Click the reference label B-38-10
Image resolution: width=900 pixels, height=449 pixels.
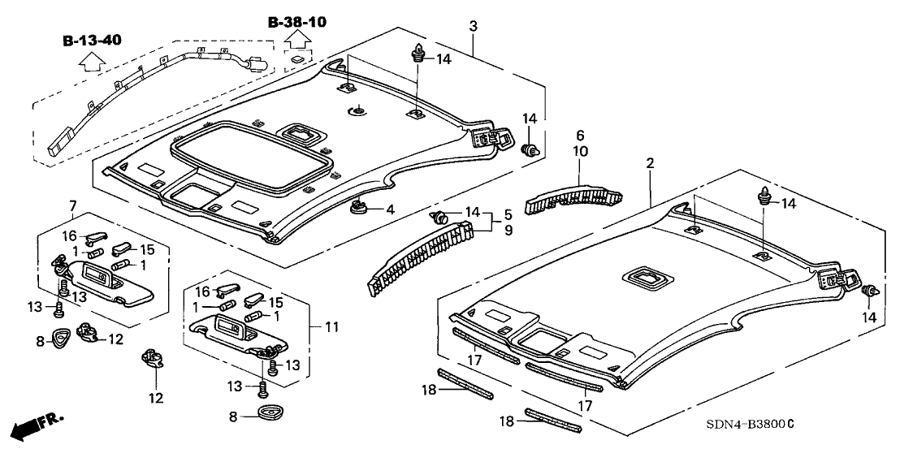297,22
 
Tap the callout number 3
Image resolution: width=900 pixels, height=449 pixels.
474,27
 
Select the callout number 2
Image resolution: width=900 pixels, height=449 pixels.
651,164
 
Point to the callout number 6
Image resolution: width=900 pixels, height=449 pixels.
580,136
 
